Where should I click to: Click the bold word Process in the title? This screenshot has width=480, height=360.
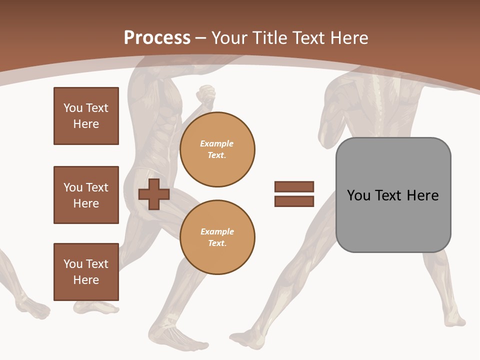[157, 38]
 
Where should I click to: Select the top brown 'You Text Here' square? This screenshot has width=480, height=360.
[86, 116]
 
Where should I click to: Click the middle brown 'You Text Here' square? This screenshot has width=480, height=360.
[86, 195]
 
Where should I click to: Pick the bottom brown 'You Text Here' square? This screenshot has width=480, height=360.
[86, 272]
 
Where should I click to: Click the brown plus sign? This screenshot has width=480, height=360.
[154, 194]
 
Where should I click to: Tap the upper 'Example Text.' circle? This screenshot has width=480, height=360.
[217, 149]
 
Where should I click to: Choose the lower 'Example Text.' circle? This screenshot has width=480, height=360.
[217, 237]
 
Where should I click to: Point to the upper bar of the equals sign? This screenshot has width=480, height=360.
[294, 186]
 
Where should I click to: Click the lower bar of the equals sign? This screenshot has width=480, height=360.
[294, 201]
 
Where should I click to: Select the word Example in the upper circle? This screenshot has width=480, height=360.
[217, 143]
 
